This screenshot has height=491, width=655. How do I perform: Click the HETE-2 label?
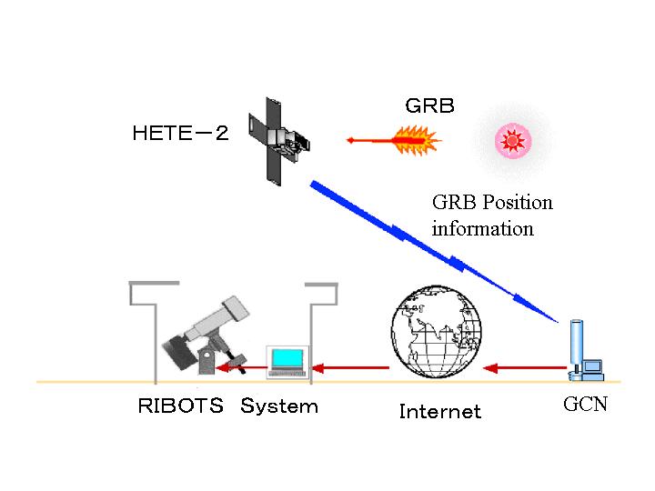point(180,134)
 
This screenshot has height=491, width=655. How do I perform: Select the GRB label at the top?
point(429,106)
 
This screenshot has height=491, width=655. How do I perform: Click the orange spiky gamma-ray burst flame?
point(414,140)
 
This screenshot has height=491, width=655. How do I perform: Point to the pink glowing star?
point(513,140)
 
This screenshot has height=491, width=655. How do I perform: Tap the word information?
point(482,228)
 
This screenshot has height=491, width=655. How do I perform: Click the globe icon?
point(436,327)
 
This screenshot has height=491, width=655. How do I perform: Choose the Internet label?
point(439,412)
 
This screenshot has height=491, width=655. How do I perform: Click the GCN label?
point(585,405)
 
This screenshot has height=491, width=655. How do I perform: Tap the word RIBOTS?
point(180,406)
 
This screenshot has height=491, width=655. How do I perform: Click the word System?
point(279,406)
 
